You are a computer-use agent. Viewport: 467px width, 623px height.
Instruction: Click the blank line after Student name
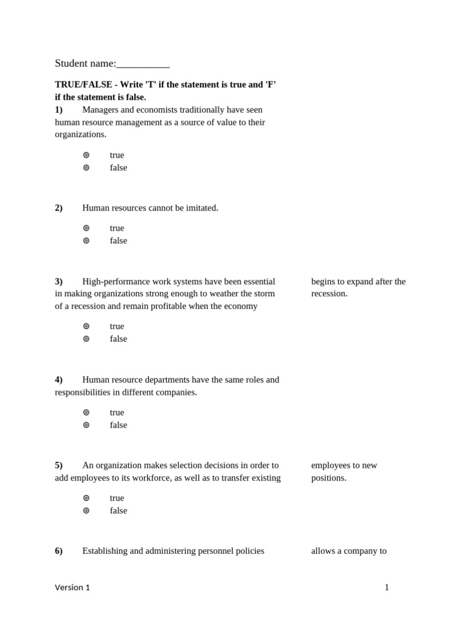[x=143, y=64]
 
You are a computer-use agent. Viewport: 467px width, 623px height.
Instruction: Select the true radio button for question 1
[x=86, y=155]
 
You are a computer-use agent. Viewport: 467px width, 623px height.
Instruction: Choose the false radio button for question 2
[x=86, y=240]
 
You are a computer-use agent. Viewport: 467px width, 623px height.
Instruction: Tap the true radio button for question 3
[x=86, y=326]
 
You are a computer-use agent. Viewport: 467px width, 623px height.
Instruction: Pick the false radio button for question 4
[x=86, y=425]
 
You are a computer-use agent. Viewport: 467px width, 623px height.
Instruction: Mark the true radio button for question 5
[x=86, y=498]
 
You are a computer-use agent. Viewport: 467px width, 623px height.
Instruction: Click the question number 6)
[x=59, y=551]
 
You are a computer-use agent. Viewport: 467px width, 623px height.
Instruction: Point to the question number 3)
[x=59, y=281]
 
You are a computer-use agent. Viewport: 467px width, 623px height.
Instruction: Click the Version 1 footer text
[x=72, y=587]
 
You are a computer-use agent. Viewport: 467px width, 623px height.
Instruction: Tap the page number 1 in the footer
[x=387, y=587]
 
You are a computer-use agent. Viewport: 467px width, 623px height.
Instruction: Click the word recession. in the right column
[x=330, y=293]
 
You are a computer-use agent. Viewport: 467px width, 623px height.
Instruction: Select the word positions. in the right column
[x=329, y=478]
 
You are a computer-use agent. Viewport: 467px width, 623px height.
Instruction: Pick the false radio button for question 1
[x=86, y=167]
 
